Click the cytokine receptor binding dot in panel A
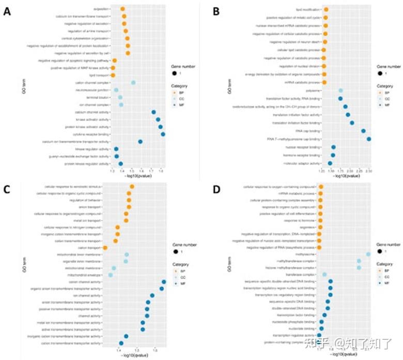pos(163,134)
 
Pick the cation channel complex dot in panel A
pos(133,83)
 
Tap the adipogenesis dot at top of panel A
pos(122,9)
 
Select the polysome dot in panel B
pos(340,91)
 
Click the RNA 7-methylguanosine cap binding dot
pos(369,139)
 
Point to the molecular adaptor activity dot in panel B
pos(330,163)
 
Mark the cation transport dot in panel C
pos(105,248)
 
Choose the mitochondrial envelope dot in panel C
pos(110,275)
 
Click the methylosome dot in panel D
pos(368,254)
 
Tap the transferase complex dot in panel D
pos(324,275)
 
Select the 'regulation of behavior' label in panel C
pos(87,200)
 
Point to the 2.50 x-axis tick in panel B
pos(368,170)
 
